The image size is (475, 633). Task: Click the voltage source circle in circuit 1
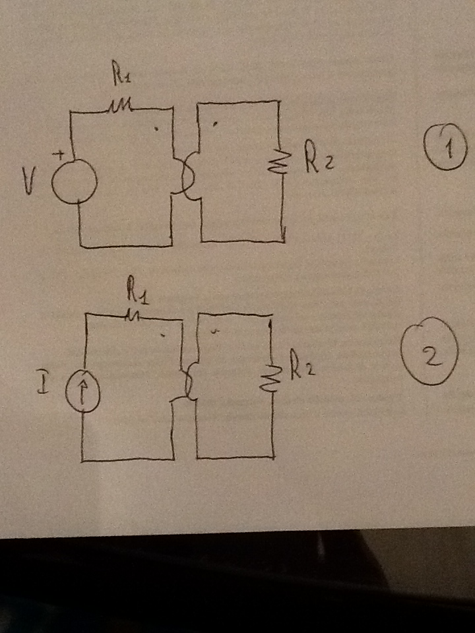[x=75, y=181]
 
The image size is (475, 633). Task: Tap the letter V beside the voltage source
[x=29, y=181]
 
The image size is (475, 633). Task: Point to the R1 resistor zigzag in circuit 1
[x=119, y=107]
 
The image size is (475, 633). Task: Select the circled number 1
[x=445, y=147]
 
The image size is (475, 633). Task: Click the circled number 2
[x=429, y=351]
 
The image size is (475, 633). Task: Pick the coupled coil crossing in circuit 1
[x=186, y=177]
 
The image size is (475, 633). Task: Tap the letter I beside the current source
[x=44, y=381]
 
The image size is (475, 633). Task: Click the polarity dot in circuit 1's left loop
[x=157, y=129]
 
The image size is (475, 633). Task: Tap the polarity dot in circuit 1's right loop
[x=214, y=125]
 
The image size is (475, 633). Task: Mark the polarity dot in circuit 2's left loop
[x=163, y=335]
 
